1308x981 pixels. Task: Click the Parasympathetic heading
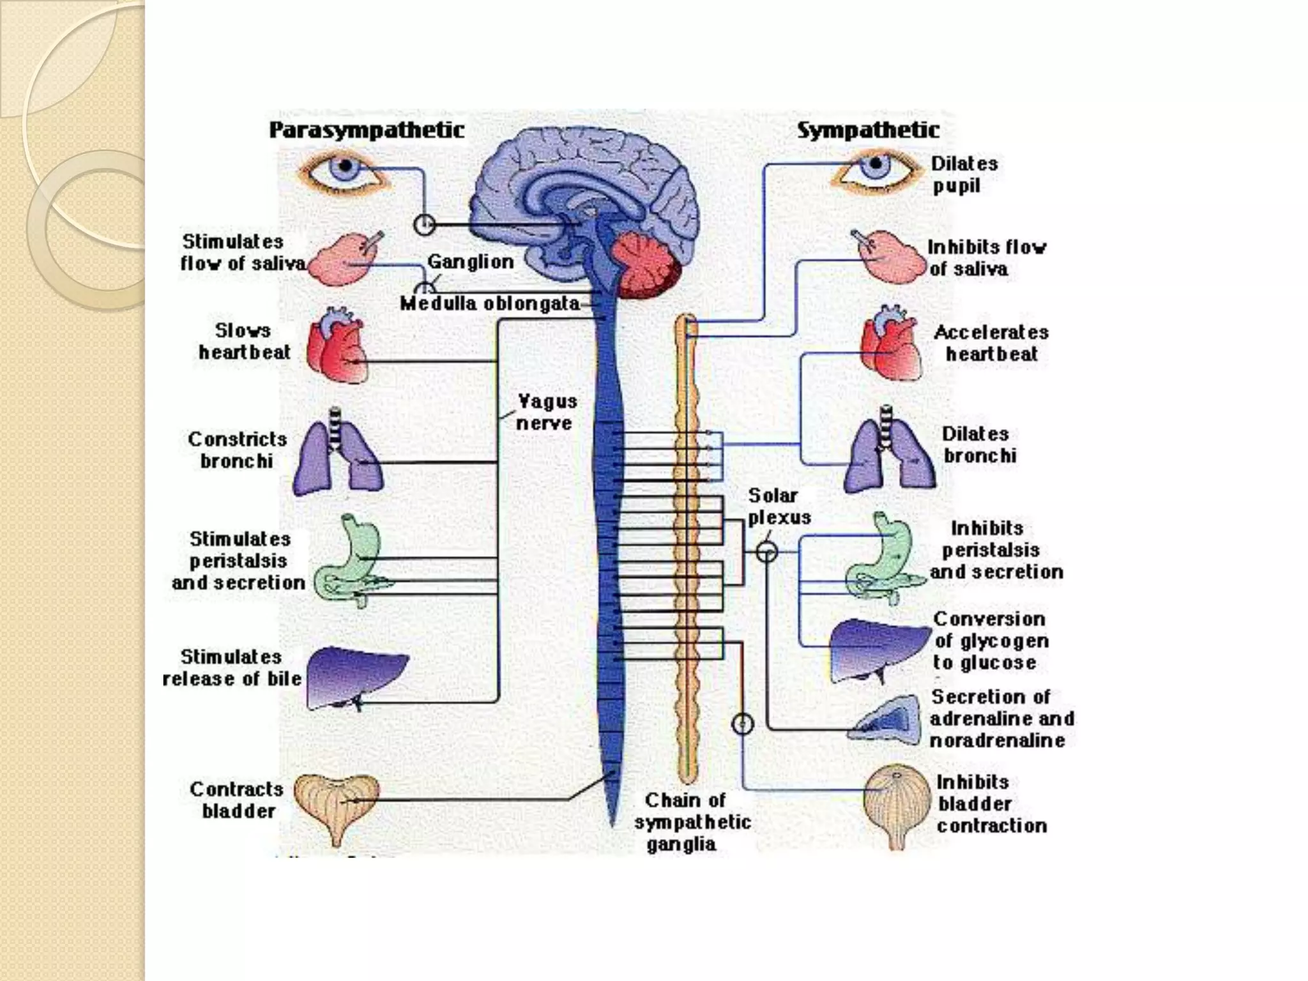click(366, 130)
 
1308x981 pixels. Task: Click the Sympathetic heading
click(868, 131)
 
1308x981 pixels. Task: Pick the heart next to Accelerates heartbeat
click(891, 345)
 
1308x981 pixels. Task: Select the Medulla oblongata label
click(490, 303)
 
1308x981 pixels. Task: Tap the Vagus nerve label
click(546, 412)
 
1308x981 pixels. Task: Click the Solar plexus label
click(779, 506)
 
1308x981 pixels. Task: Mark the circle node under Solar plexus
click(766, 552)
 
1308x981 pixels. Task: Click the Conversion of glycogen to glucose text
click(990, 641)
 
